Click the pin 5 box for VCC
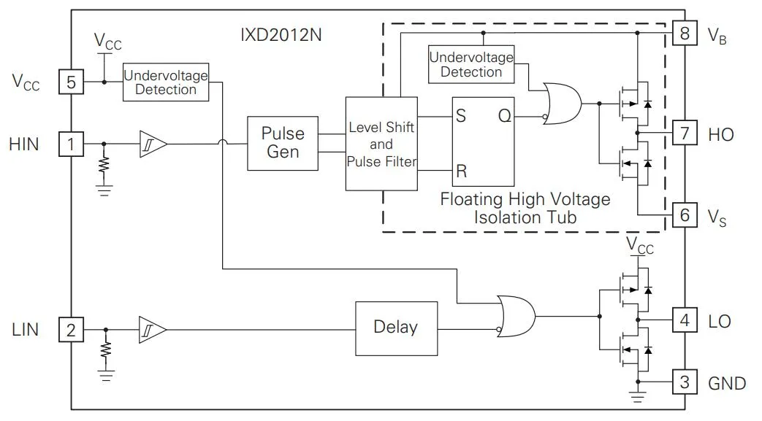71,82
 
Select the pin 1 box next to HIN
71,144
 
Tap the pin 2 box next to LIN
71,331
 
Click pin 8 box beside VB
684,34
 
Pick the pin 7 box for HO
684,134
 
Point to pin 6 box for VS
684,215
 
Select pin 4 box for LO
684,320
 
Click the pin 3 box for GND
684,382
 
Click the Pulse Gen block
283,144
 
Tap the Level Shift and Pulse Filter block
381,144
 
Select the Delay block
396,327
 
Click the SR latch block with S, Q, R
483,144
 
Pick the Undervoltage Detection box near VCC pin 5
166,82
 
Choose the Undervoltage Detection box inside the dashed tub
471,64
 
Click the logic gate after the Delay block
516,316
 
